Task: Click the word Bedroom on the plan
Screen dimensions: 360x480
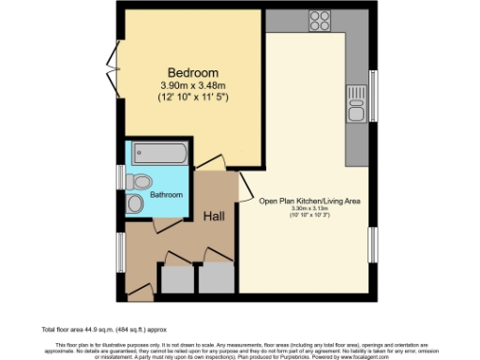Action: (193, 73)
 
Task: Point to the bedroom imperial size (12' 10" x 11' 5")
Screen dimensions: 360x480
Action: (193, 97)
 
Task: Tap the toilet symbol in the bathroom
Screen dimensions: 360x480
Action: (141, 181)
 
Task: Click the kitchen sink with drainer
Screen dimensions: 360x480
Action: (356, 104)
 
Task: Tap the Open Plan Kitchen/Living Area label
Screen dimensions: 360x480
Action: (309, 201)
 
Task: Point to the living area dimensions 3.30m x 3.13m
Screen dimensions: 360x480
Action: (309, 210)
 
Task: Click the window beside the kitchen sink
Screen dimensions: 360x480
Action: (372, 95)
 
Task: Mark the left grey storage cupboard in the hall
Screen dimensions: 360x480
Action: (175, 279)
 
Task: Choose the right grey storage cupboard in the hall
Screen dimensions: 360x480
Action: (216, 279)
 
